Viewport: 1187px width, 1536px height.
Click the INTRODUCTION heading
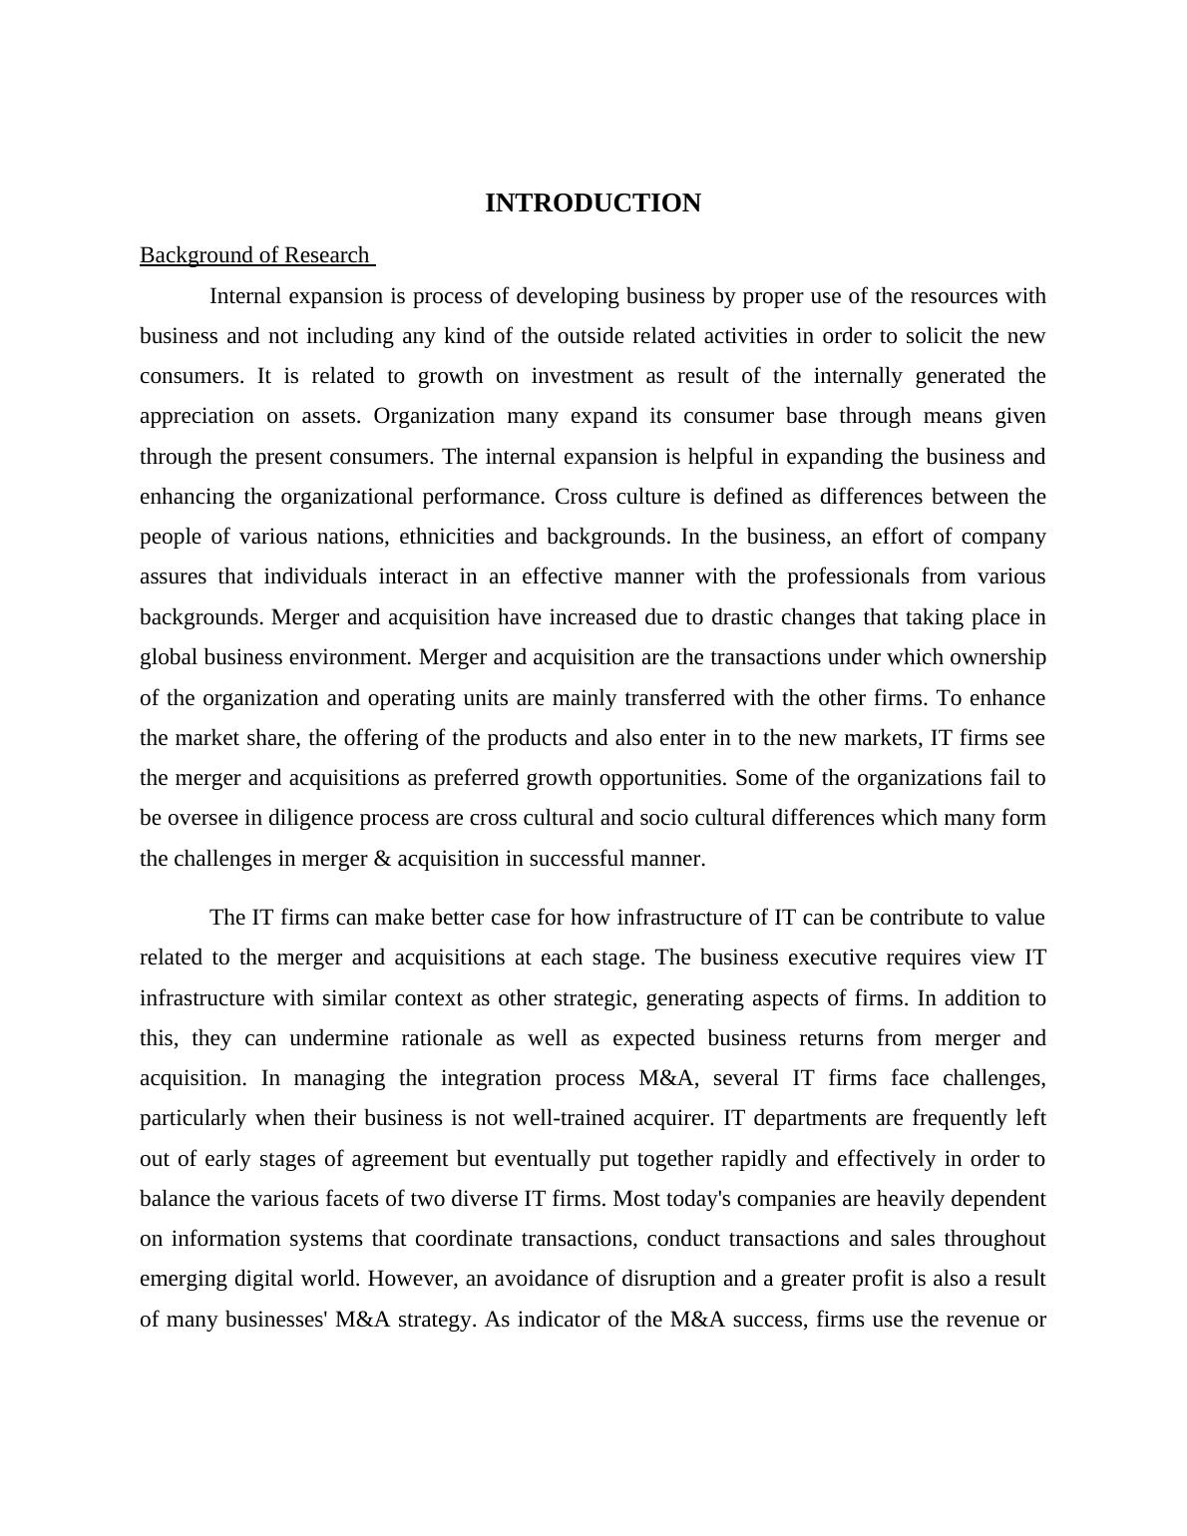(x=593, y=203)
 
